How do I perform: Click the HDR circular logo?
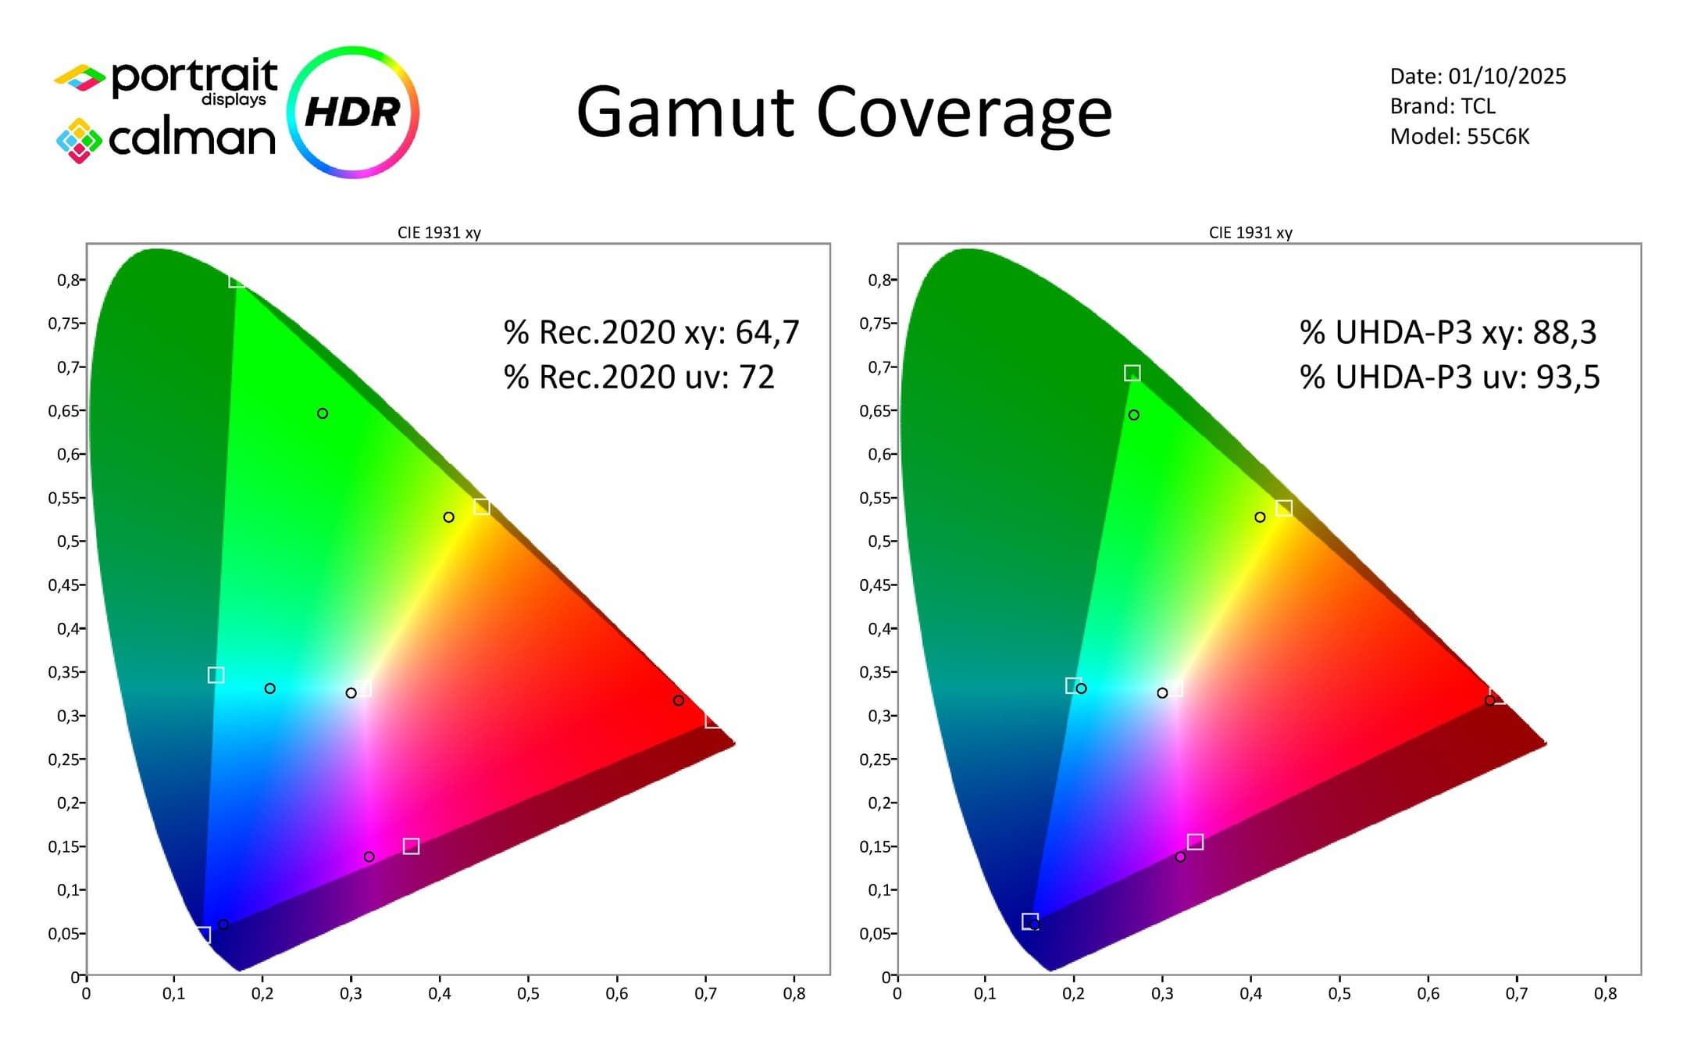pyautogui.click(x=353, y=112)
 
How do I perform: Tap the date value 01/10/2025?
pyautogui.click(x=1507, y=76)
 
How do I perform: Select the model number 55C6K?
pyautogui.click(x=1497, y=137)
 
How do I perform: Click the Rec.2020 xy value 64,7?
pyautogui.click(x=767, y=332)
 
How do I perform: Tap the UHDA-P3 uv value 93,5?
pyautogui.click(x=1568, y=377)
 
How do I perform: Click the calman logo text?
pyautogui.click(x=191, y=139)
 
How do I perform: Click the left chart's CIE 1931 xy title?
pyautogui.click(x=439, y=232)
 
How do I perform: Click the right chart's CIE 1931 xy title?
pyautogui.click(x=1250, y=232)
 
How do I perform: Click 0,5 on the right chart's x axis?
pyautogui.click(x=1339, y=993)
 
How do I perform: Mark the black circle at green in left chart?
pyautogui.click(x=323, y=413)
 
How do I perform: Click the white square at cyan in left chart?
pyautogui.click(x=216, y=674)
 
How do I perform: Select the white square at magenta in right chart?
pyautogui.click(x=1195, y=842)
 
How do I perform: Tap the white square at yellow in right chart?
pyautogui.click(x=1284, y=508)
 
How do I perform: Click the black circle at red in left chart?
pyautogui.click(x=678, y=700)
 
